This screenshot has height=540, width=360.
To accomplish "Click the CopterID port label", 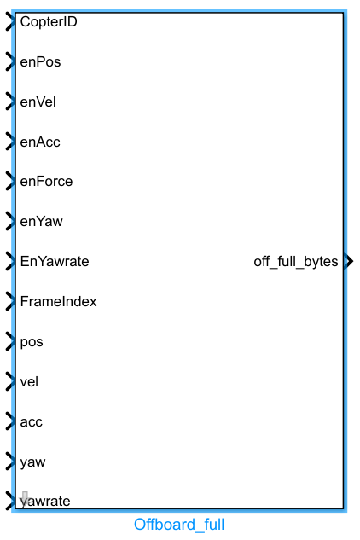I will [x=49, y=21].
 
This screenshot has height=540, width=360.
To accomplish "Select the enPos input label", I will [x=40, y=61].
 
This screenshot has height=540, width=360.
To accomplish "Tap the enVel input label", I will [x=39, y=102].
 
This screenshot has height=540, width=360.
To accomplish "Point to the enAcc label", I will [x=40, y=142].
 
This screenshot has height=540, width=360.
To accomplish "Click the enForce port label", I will [x=46, y=181].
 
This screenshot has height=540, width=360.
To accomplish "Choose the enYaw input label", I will [x=41, y=221].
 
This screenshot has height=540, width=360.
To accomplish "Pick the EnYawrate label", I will [x=55, y=261].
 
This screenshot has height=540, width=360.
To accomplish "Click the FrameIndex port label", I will [x=58, y=301].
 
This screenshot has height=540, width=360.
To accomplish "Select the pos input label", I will [x=32, y=341].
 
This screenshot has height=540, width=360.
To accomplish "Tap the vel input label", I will [x=30, y=381].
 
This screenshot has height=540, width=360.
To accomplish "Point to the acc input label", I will [x=32, y=421].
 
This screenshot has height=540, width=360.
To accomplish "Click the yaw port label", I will [x=32, y=462].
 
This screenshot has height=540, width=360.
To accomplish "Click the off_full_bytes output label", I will [x=296, y=261].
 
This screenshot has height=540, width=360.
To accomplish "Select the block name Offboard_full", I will [x=179, y=524].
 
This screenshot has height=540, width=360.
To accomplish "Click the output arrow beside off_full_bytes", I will [x=348, y=261].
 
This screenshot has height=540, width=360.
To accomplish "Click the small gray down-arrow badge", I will [x=26, y=498].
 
